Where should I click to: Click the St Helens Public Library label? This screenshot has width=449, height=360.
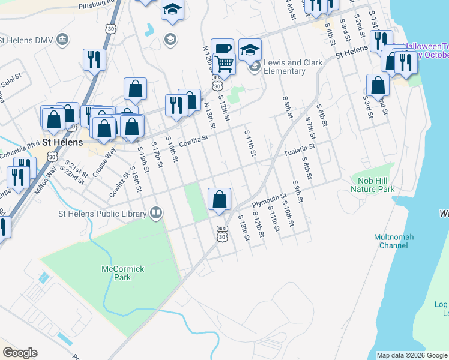tap(102, 214)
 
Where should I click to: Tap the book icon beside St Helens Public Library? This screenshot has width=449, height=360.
tap(156, 213)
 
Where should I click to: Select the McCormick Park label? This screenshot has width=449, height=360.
tap(123, 273)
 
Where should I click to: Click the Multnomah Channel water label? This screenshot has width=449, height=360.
tap(394, 241)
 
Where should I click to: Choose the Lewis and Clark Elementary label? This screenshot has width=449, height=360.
tap(293, 67)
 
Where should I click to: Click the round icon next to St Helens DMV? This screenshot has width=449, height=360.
tap(62, 40)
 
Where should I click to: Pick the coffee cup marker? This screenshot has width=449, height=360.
tap(222, 49)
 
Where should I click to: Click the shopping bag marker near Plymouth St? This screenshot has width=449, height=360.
tap(220, 199)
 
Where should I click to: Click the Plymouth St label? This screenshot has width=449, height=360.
tap(269, 199)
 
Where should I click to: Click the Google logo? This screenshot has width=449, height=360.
tap(20, 353)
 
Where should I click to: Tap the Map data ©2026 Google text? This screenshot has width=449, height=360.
tap(411, 355)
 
